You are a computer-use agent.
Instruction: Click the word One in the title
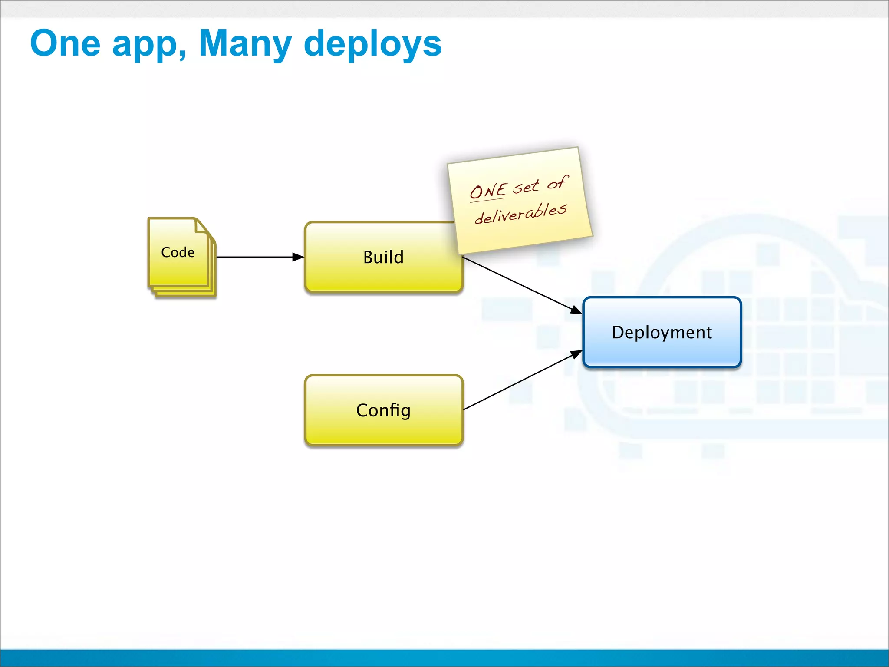tap(65, 43)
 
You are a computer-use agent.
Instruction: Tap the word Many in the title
tap(245, 43)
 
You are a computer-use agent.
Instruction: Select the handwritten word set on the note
tap(526, 187)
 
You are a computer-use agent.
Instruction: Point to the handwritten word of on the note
tap(558, 182)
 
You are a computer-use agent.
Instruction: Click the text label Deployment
tap(662, 333)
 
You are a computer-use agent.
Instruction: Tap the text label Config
tap(383, 410)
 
